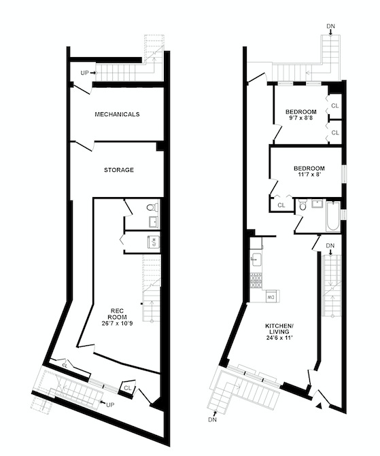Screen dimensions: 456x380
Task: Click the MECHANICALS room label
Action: (x=117, y=114)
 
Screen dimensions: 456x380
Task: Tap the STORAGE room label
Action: (x=118, y=169)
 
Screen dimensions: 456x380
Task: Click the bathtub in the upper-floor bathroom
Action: (x=334, y=215)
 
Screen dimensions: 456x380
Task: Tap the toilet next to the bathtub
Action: (x=303, y=205)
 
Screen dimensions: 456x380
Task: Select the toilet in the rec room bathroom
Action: (x=152, y=207)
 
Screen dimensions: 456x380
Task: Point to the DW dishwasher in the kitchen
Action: (x=271, y=296)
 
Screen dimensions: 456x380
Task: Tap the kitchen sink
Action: (x=256, y=258)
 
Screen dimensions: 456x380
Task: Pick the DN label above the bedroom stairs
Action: (x=330, y=27)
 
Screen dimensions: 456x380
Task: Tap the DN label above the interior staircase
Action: (x=330, y=245)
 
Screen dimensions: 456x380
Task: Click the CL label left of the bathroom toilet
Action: (x=281, y=205)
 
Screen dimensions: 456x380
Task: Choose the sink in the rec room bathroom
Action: (x=153, y=222)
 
